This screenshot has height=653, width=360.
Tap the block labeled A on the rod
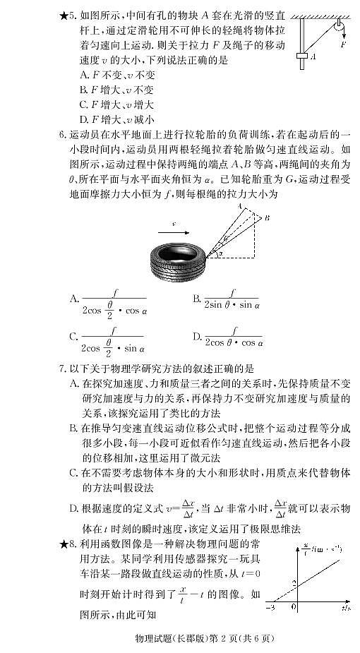[304, 58]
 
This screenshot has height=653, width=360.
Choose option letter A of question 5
[84, 74]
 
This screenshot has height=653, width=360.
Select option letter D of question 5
[84, 119]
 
